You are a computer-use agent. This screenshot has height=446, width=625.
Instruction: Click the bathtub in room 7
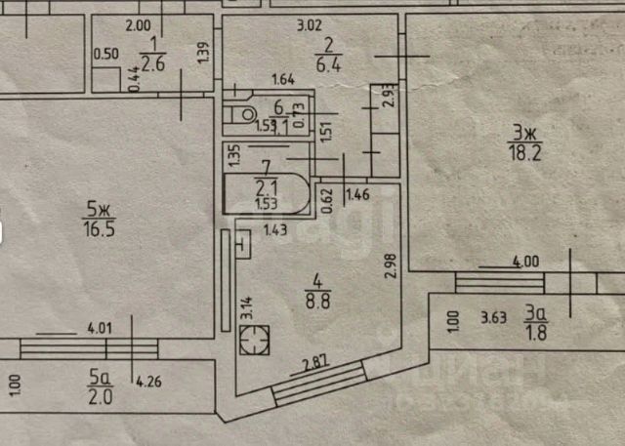pos(265,193)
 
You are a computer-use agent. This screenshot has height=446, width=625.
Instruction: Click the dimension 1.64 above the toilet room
pos(284,80)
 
